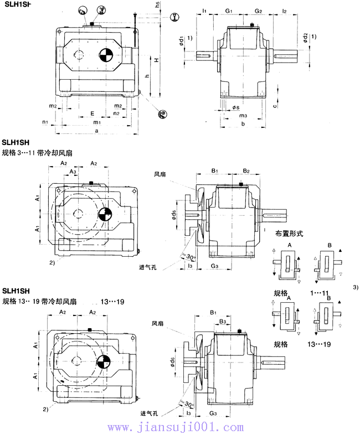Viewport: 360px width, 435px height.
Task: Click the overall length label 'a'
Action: click(x=97, y=131)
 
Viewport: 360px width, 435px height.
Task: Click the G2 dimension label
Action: click(x=258, y=11)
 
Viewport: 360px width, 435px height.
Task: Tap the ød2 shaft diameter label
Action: click(x=306, y=38)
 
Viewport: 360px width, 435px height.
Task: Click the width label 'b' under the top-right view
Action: click(x=243, y=123)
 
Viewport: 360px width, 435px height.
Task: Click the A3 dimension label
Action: click(x=73, y=172)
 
